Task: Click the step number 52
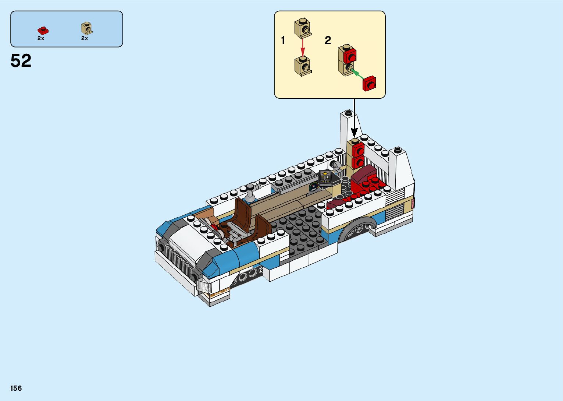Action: [21, 61]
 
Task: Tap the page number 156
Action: [16, 388]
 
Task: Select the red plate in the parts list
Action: [43, 31]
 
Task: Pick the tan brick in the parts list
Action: [87, 28]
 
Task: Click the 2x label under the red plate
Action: [41, 38]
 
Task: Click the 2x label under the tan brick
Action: [85, 38]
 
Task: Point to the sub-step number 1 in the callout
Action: [283, 40]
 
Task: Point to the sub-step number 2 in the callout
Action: [328, 40]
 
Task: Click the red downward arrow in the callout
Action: [303, 47]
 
